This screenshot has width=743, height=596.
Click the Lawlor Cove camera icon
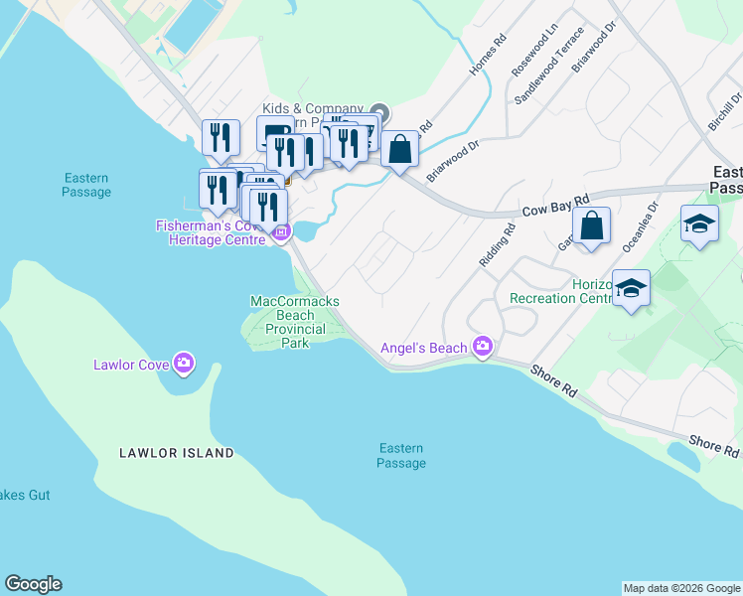coord(183,364)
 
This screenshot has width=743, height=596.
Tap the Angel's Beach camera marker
coord(483,346)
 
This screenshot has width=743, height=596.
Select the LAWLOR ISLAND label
coord(177,453)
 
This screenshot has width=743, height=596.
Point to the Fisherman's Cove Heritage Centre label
coord(213,233)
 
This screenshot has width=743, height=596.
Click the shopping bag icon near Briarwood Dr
coord(399,150)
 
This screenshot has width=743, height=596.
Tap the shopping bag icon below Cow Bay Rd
coord(591,225)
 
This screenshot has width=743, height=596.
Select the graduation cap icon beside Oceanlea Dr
coord(699,224)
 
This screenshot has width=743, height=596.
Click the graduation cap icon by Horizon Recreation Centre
coord(631,289)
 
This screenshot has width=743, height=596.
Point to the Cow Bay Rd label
coord(554,205)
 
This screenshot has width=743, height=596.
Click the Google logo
coord(33,584)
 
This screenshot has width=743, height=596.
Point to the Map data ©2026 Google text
coord(681,588)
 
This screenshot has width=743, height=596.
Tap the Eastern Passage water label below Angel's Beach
coord(401,456)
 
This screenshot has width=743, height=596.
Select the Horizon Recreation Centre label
coord(560,291)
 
